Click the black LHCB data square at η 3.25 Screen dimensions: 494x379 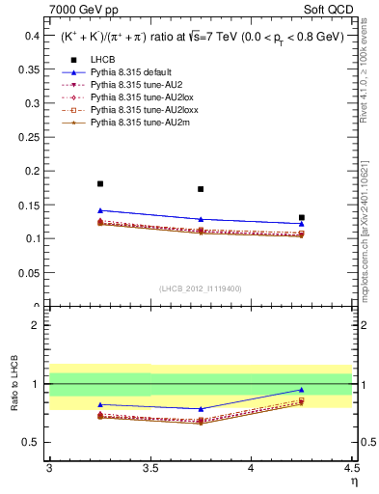coord(100,183)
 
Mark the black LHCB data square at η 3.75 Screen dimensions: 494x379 coord(201,189)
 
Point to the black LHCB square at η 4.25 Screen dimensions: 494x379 coord(302,218)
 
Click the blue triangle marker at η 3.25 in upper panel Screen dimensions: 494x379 coord(100,210)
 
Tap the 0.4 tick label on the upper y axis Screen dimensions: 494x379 coord(31,35)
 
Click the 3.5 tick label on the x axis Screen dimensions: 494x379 coord(150,468)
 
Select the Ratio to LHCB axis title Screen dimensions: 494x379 coord(14,385)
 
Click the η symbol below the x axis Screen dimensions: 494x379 coord(354,480)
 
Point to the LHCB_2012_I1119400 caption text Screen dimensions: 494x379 coord(201,288)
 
